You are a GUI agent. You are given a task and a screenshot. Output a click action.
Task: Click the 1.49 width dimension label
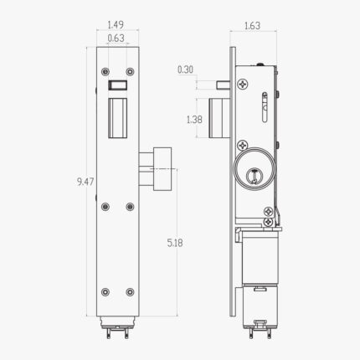point(117,25)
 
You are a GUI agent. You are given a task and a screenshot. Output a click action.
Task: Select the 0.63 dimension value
point(117,39)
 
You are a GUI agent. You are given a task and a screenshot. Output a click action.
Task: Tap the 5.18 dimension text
point(175,242)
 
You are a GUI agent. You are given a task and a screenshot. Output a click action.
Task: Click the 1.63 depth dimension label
point(251,26)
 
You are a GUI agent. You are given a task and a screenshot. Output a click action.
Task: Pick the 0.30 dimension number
point(185,70)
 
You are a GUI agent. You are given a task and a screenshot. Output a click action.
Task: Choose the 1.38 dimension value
point(193,120)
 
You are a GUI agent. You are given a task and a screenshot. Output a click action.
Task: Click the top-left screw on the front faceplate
point(105,72)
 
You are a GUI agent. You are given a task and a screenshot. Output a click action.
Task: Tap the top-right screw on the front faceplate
point(130,72)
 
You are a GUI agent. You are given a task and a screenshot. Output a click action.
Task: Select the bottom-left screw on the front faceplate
point(105,291)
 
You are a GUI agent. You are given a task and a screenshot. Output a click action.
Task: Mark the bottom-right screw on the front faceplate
point(130,291)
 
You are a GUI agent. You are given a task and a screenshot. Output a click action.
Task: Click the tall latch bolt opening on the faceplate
point(117,117)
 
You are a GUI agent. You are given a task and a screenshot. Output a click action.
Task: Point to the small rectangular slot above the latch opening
point(117,85)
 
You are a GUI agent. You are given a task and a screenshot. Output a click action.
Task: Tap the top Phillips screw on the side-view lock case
point(243,84)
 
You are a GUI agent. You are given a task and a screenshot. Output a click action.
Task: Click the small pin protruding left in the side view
point(221,84)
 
